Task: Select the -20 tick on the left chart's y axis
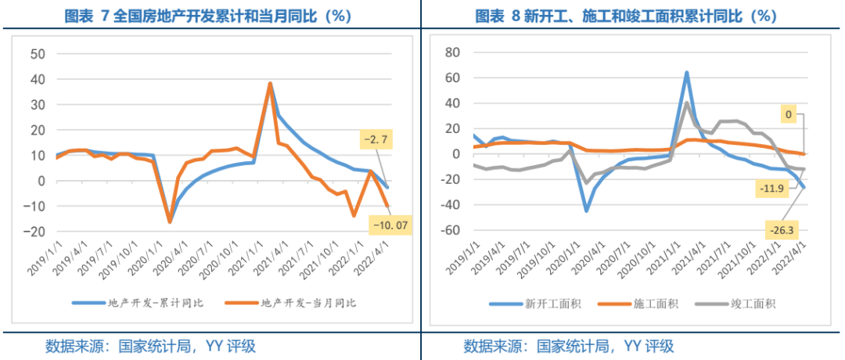(x=35, y=232)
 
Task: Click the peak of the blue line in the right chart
(x=686, y=73)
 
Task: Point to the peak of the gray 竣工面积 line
(x=686, y=103)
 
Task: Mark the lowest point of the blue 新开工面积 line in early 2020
(x=586, y=211)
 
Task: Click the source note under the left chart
(x=149, y=346)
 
